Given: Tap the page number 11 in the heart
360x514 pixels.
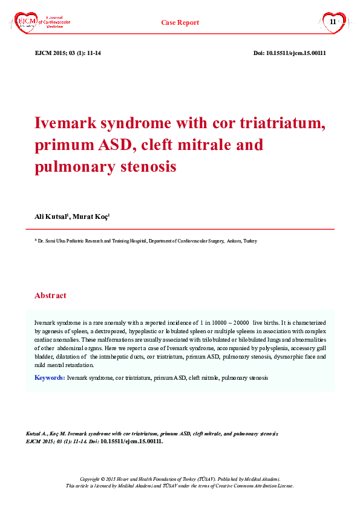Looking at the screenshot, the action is (x=332, y=22).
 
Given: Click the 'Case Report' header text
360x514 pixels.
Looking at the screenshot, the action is (x=180, y=22).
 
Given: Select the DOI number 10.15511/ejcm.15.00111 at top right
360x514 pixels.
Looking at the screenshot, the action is (x=298, y=53).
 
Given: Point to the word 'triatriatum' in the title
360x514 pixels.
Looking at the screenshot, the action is (x=281, y=123).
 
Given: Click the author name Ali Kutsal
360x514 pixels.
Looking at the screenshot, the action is (x=51, y=216).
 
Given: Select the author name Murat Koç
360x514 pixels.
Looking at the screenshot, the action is (x=91, y=216).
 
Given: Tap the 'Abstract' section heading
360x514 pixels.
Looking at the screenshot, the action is (x=50, y=296).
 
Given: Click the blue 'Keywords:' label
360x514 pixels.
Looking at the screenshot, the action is (x=50, y=377).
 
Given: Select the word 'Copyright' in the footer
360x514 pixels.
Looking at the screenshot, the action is (x=91, y=478).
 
